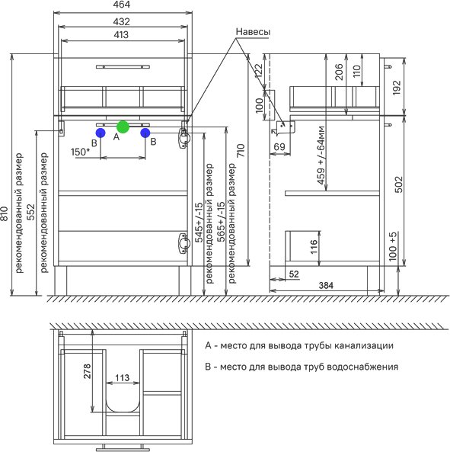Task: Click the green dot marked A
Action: [123, 127]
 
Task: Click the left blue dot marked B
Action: [101, 133]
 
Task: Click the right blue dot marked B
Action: [145, 133]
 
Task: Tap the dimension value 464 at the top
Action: [122, 5]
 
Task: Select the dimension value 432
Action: [121, 21]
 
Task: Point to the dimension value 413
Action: [121, 35]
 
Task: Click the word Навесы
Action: [253, 32]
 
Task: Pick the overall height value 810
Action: [5, 213]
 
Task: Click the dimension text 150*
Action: [80, 152]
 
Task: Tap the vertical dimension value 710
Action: [240, 150]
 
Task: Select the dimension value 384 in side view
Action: [326, 285]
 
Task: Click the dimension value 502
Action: [398, 184]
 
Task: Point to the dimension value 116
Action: [314, 246]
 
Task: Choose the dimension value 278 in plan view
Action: [87, 371]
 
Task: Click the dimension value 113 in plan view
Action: [122, 377]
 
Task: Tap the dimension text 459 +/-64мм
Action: [321, 155]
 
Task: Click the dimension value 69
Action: [279, 147]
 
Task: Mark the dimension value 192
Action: [397, 88]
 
